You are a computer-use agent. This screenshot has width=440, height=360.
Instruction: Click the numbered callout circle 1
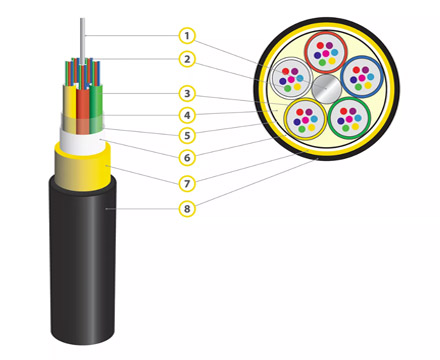tap(187, 36)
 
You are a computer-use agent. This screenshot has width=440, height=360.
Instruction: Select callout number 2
tap(187, 59)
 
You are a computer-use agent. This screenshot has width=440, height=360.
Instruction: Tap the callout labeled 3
tap(187, 94)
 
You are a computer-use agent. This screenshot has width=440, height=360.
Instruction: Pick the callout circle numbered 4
tap(187, 115)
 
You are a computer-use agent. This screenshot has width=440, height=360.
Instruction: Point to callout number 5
tap(187, 136)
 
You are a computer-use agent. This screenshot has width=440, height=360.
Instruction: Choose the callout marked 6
tap(187, 157)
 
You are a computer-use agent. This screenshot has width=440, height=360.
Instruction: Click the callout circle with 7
tap(187, 183)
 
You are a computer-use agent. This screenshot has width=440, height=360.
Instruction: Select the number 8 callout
tap(187, 209)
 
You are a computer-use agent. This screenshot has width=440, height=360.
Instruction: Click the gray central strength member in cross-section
tap(326, 88)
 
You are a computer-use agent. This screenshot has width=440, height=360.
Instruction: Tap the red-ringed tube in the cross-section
tap(326, 53)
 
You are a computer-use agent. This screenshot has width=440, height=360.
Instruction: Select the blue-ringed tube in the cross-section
tap(362, 77)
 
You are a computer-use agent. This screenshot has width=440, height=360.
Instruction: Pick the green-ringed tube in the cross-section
tap(349, 119)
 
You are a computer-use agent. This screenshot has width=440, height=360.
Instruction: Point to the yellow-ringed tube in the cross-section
tap(305, 119)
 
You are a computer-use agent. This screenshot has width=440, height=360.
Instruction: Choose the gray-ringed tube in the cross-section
tap(291, 79)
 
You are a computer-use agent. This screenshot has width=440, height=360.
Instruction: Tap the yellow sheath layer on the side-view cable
tap(83, 167)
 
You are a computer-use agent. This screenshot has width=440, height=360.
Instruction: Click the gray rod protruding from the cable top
tap(82, 41)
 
